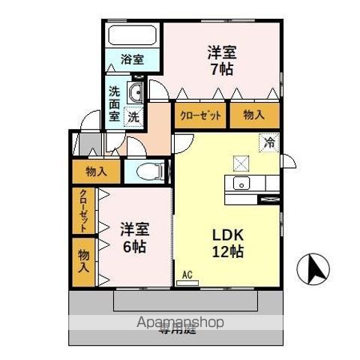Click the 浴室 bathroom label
pos(133,58)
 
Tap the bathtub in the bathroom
pos(132,36)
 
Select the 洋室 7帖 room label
pos(223,59)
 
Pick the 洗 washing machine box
pos(133,116)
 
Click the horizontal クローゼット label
pos(199,117)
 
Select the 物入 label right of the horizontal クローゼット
pos(254,117)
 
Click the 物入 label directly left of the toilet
pos(96,172)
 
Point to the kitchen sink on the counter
pos(241,184)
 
